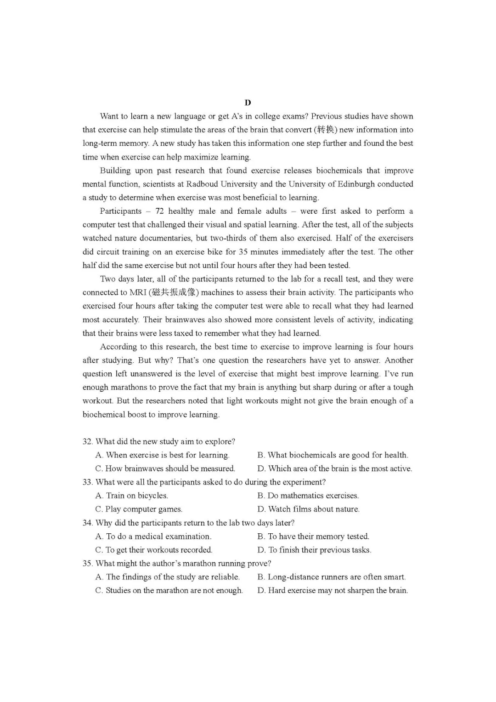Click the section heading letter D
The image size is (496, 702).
[x=248, y=103]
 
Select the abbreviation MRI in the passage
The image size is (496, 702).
[x=138, y=292]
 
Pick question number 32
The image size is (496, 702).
[x=87, y=442]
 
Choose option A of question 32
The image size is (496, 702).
[x=163, y=455]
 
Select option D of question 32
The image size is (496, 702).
[x=335, y=468]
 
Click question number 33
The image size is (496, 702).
[x=87, y=482]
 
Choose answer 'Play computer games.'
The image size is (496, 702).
[x=139, y=509]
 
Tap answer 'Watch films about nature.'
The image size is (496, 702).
[x=309, y=509]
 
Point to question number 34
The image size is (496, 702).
[x=87, y=523]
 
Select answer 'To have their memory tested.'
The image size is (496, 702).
[x=313, y=536]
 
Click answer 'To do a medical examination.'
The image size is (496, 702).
[x=153, y=536]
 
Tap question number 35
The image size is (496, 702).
[x=87, y=564]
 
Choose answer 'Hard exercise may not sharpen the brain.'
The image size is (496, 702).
[x=333, y=591]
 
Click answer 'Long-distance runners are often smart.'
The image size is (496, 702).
[x=332, y=577]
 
